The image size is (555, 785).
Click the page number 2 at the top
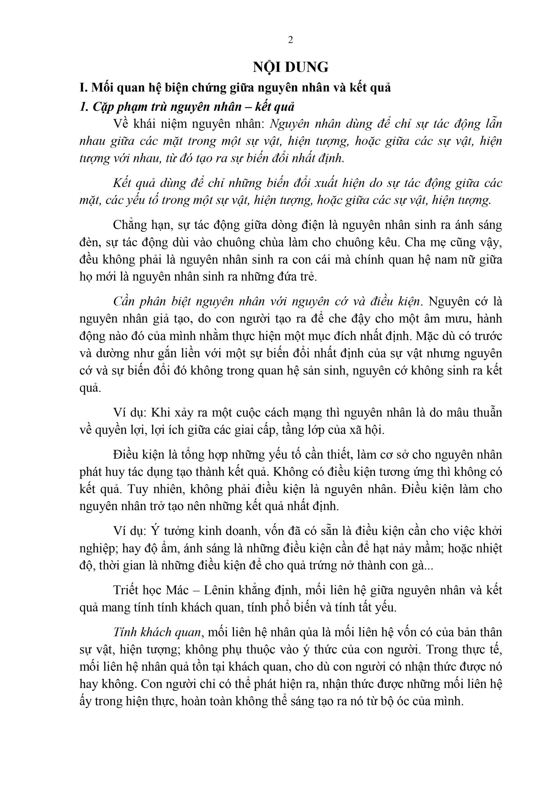pyautogui.click(x=290, y=40)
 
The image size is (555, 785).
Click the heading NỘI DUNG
pyautogui.click(x=290, y=67)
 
